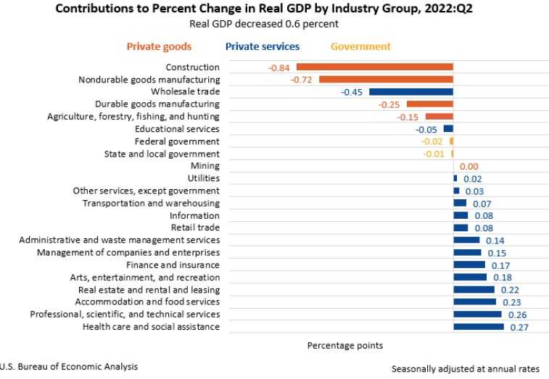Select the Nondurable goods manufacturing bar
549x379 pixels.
(386, 80)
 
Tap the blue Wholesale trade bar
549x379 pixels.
(410, 92)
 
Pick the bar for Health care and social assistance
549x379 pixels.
(478, 327)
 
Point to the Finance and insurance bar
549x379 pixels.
(469, 265)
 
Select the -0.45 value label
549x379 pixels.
(352, 92)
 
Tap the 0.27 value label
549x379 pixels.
(520, 327)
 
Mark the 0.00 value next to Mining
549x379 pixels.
(471, 166)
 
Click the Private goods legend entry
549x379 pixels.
(159, 46)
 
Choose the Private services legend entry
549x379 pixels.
(262, 46)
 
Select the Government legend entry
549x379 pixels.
(360, 46)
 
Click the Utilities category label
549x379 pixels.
(203, 178)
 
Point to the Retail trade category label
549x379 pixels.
(194, 228)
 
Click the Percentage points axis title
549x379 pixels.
(344, 345)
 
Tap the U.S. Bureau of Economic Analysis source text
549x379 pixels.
(69, 367)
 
